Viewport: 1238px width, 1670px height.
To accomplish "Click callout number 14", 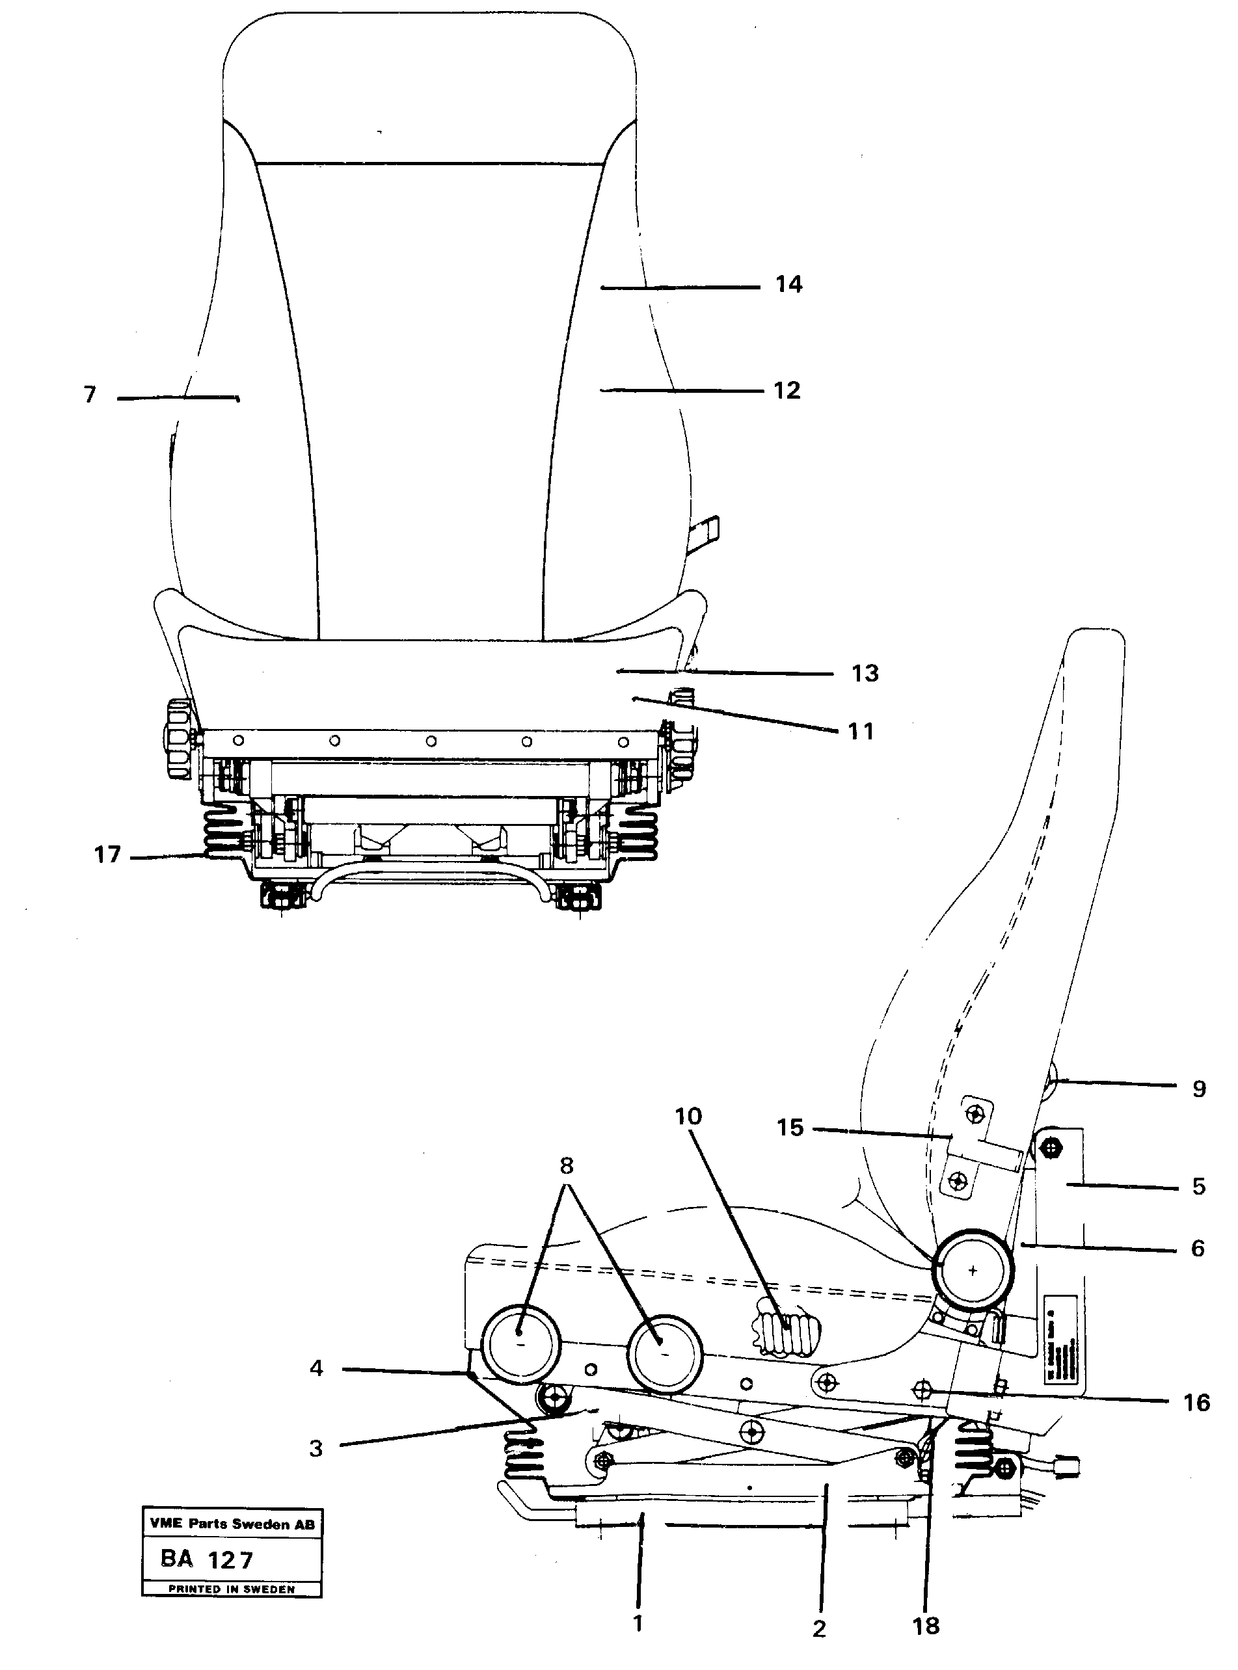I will (x=788, y=285).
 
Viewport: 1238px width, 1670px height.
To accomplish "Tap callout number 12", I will (x=787, y=390).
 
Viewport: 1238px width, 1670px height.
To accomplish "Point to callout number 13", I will (x=865, y=674).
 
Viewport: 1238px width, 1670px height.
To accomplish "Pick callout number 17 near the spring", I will (x=107, y=855).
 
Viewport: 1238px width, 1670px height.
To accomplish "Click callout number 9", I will (x=1199, y=1089).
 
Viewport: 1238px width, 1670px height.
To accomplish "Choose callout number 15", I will (x=790, y=1128).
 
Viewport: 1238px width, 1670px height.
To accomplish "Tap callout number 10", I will (x=688, y=1117).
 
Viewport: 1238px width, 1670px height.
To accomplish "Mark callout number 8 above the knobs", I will (x=566, y=1166).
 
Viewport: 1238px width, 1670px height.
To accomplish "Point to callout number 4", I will (x=316, y=1368).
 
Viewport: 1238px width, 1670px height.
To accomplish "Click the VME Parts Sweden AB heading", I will (x=232, y=1523).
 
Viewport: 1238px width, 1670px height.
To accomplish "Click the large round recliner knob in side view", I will (x=972, y=1271).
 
